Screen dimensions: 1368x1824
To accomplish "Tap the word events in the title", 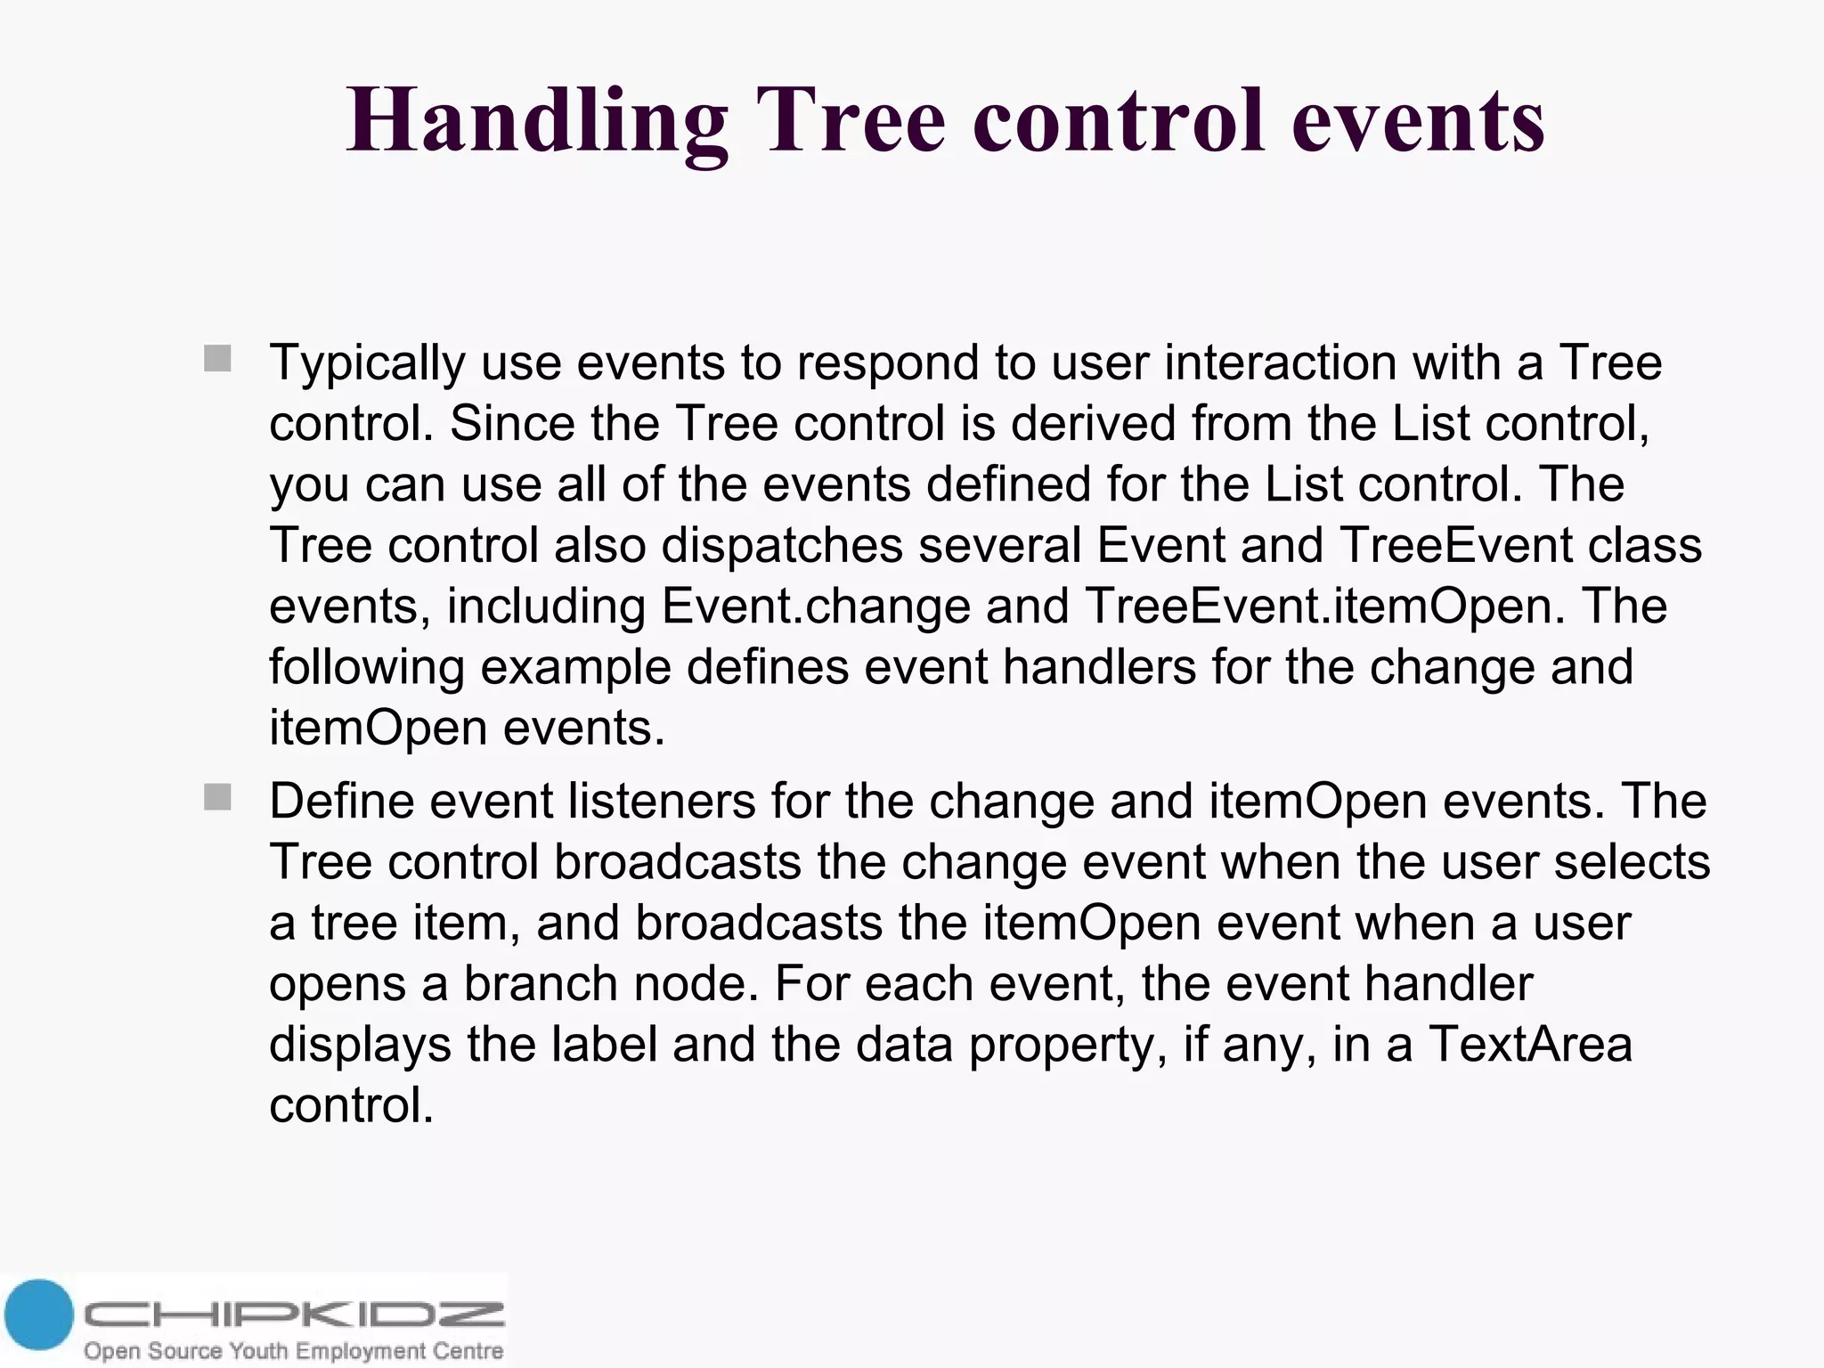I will tap(1418, 122).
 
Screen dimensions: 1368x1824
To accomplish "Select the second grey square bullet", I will tap(217, 797).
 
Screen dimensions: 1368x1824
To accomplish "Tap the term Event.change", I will tap(816, 607).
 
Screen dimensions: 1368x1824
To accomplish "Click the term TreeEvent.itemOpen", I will tap(1324, 607).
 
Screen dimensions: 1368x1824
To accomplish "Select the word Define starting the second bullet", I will tap(342, 801).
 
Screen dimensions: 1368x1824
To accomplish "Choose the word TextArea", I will tap(1530, 1045).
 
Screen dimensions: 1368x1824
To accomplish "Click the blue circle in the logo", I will tap(37, 1315).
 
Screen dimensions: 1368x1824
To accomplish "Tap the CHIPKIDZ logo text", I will tap(294, 1315).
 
